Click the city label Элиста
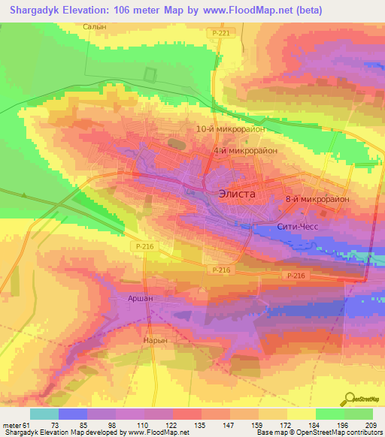point(236,194)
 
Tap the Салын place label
point(92,26)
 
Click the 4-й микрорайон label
point(245,151)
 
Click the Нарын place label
point(153,340)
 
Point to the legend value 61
point(26,425)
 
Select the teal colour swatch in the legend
point(44,414)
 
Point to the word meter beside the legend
point(11,425)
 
